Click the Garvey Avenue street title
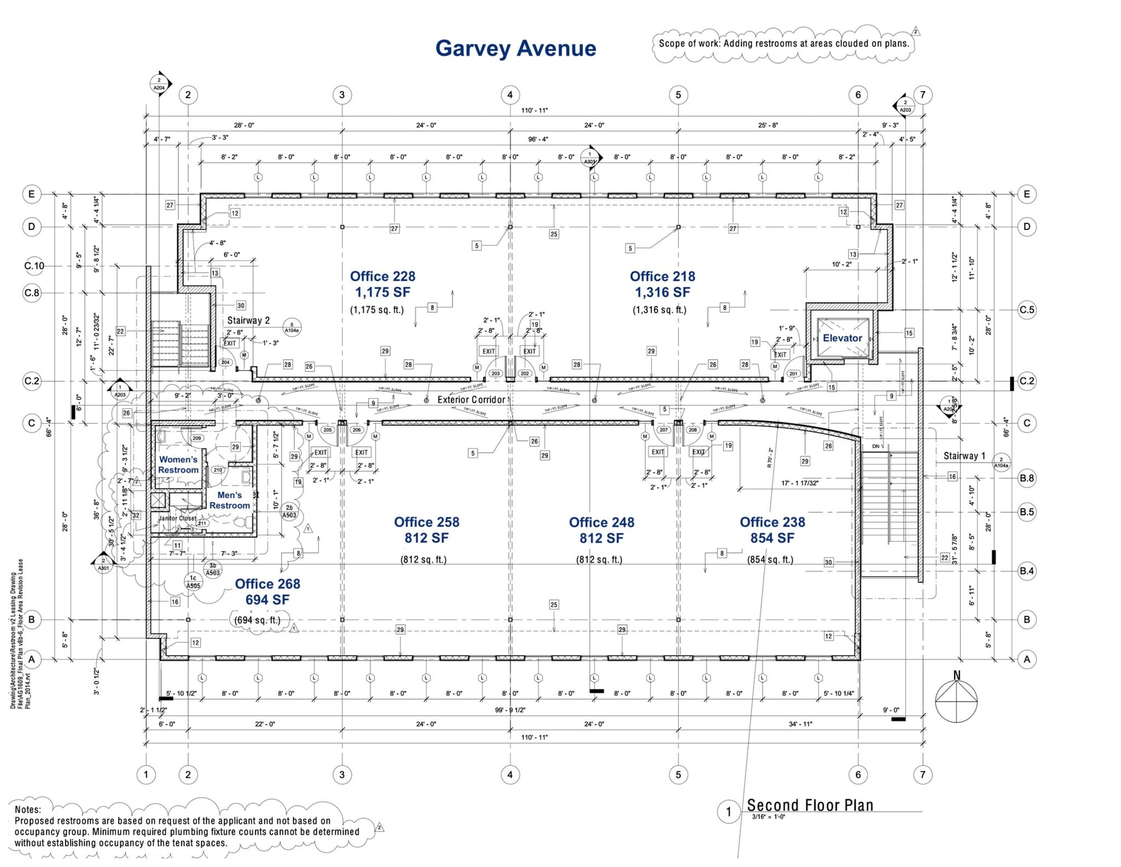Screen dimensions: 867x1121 [x=515, y=48]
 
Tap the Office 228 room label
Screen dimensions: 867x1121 [x=382, y=277]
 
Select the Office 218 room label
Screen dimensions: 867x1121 [x=662, y=277]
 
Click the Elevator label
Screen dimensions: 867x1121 [x=842, y=338]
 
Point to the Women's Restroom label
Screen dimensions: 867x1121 [x=178, y=465]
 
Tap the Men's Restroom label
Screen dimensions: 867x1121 [x=229, y=500]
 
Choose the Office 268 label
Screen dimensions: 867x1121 [x=267, y=584]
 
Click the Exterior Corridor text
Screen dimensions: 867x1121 [x=471, y=400]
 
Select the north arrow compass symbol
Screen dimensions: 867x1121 [x=956, y=701]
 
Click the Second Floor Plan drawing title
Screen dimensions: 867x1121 [x=810, y=805]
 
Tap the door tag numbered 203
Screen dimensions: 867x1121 [x=495, y=374]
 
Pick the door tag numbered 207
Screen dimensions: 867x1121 [x=663, y=430]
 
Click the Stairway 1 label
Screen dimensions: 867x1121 [x=964, y=456]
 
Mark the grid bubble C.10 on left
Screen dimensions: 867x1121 [x=34, y=266]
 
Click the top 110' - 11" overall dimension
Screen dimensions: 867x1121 [x=534, y=110]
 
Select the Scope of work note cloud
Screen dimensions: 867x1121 [x=783, y=43]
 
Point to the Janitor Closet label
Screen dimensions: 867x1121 [x=177, y=518]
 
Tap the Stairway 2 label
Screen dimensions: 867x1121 [x=249, y=320]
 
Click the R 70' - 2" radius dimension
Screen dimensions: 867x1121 [x=770, y=457]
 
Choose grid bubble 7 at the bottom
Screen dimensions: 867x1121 [x=922, y=774]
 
